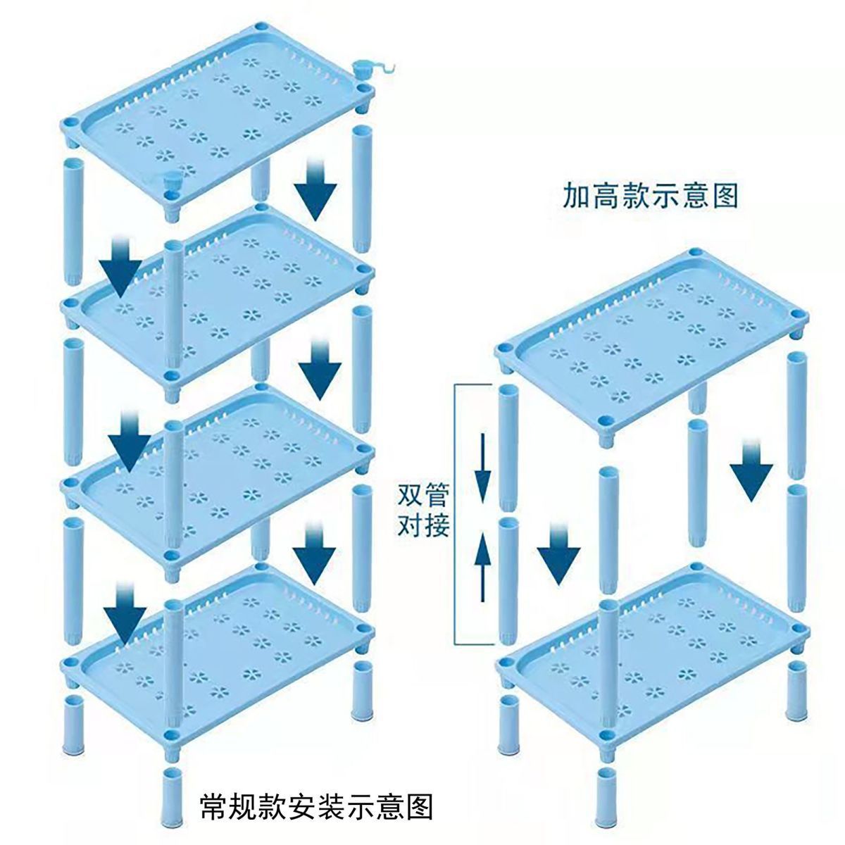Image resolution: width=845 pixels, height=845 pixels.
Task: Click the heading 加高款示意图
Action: pos(650,196)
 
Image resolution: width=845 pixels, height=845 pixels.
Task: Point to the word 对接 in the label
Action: pos(423,526)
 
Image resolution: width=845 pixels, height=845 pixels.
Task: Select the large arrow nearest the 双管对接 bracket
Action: pos(558,553)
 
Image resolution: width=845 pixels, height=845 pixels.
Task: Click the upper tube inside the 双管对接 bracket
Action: pos(507,447)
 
